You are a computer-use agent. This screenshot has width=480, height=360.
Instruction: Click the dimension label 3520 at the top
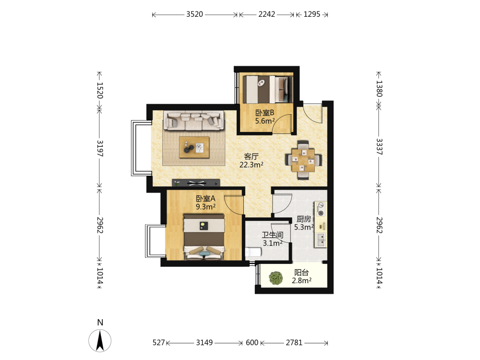tap(195, 14)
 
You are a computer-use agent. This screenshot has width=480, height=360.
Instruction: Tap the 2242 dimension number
tap(266, 14)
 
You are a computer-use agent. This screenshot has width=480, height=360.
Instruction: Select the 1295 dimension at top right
tap(312, 14)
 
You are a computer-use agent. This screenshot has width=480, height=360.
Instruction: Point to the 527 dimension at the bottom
tap(158, 343)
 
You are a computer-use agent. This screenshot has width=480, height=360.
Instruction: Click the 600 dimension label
tap(252, 343)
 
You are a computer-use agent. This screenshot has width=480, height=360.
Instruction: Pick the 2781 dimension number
tap(294, 343)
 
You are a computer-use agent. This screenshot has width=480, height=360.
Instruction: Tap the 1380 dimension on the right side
tap(379, 88)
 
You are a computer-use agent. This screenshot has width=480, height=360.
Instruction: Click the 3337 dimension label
tap(379, 146)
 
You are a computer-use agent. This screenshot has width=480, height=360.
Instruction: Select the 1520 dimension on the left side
tap(100, 90)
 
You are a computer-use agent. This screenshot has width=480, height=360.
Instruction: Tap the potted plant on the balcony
tap(276, 278)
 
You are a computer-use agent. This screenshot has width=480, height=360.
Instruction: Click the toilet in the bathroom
tap(253, 252)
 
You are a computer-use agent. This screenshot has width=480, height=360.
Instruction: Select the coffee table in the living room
tap(194, 147)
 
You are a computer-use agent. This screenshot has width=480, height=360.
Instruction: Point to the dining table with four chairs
tap(303, 160)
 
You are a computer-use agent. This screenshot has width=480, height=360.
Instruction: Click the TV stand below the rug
tap(196, 183)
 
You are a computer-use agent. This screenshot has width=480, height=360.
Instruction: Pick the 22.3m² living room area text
tap(252, 165)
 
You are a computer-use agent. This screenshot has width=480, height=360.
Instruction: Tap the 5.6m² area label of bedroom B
tap(265, 121)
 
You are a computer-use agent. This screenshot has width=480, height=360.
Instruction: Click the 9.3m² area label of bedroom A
tap(206, 207)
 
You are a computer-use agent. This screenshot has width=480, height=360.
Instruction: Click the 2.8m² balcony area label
tap(301, 280)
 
